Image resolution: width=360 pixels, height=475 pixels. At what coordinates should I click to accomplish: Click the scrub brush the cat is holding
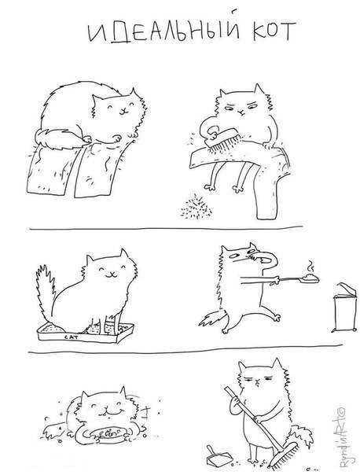point(223,138)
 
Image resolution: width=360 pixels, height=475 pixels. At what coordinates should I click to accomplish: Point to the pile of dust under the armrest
point(197,207)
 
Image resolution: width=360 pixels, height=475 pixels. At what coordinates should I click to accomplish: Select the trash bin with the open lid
point(344,308)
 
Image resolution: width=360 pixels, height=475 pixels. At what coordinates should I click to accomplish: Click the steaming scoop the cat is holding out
point(298,278)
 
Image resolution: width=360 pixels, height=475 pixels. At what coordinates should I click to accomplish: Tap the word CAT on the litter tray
point(72,337)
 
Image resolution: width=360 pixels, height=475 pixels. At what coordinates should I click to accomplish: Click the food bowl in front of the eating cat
point(107,434)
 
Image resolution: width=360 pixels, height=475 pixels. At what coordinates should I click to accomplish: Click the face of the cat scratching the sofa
point(119,108)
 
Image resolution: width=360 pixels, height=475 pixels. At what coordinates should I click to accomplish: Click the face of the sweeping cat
point(259,381)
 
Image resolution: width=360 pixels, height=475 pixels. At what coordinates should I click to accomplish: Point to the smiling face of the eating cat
point(106,408)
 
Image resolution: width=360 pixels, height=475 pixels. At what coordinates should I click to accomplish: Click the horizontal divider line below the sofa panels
point(166,228)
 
